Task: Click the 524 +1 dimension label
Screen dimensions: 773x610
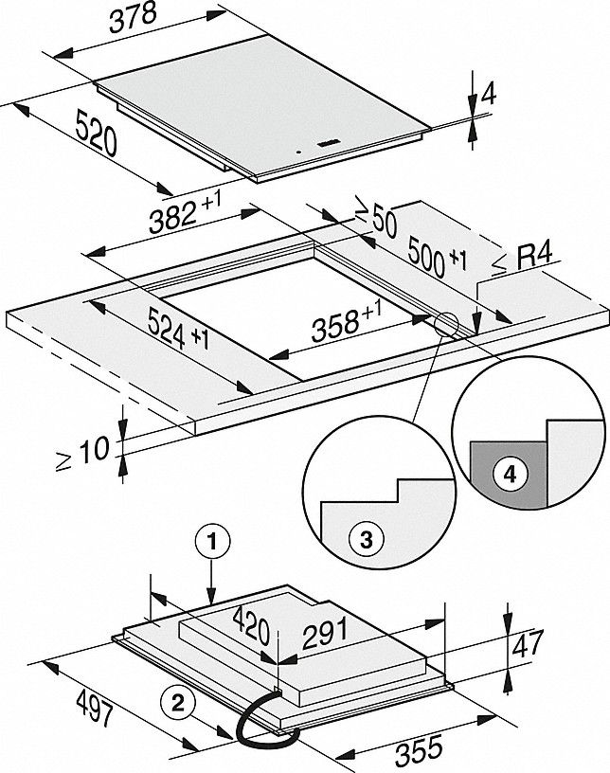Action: click(x=179, y=327)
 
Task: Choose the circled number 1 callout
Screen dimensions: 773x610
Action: click(x=212, y=543)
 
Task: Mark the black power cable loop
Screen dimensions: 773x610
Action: click(x=254, y=716)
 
